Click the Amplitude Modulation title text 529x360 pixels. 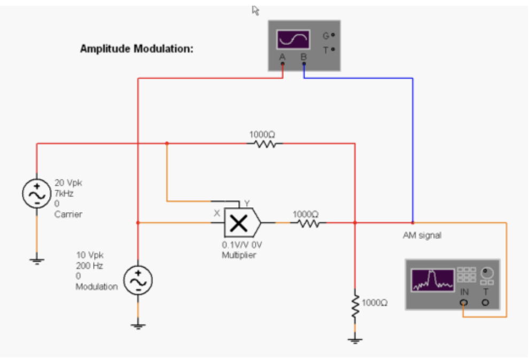point(136,49)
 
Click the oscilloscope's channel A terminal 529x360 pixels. point(283,64)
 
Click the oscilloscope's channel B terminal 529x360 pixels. point(304,64)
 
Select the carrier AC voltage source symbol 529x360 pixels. point(36,193)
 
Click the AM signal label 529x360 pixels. point(422,236)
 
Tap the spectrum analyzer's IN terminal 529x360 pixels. point(463,302)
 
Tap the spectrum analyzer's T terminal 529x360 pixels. point(485,302)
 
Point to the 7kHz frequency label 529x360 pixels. point(64,193)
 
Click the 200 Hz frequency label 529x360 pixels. point(89,265)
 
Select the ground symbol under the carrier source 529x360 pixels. point(36,260)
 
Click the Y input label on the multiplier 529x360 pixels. point(246,203)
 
